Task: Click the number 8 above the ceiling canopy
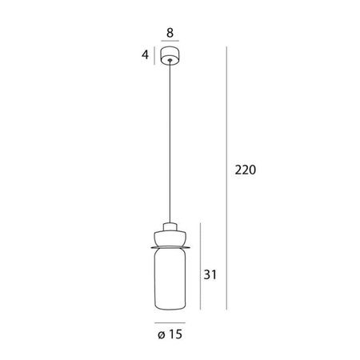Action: pyautogui.click(x=169, y=34)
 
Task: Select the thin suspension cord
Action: pyautogui.click(x=169, y=144)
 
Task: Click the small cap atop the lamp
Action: pyautogui.click(x=169, y=223)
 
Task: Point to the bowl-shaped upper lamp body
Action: pyautogui.click(x=169, y=237)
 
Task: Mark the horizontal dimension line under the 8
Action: pyautogui.click(x=169, y=43)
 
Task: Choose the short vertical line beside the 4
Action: pyautogui.click(x=155, y=56)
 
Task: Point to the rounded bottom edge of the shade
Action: pyautogui.click(x=169, y=309)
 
